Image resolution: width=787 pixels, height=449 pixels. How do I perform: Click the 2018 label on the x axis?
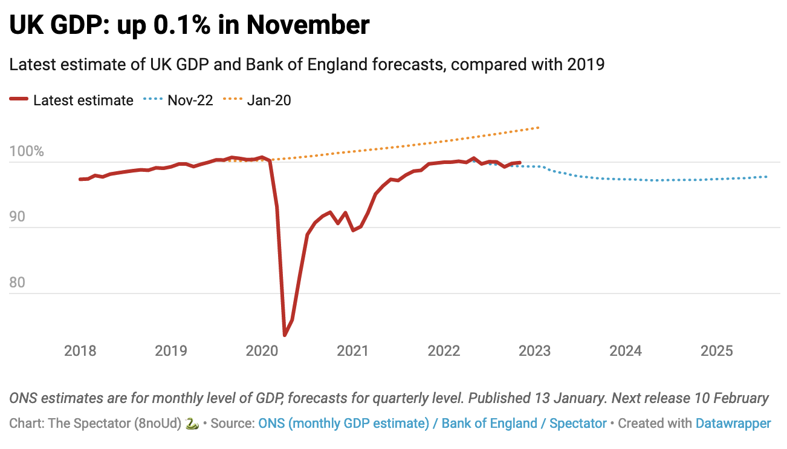click(80, 351)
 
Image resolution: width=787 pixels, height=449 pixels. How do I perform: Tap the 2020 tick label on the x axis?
click(262, 351)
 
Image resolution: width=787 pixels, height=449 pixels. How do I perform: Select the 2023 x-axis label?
click(534, 351)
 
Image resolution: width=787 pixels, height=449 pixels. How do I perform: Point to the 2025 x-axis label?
click(716, 351)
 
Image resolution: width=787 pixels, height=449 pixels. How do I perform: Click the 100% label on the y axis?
click(27, 151)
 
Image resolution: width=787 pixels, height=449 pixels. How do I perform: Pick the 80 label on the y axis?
click(18, 283)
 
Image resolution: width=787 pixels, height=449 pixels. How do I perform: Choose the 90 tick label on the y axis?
click(18, 217)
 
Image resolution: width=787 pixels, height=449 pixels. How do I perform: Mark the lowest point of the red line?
click(285, 335)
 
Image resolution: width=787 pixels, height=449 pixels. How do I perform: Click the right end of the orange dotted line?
click(538, 128)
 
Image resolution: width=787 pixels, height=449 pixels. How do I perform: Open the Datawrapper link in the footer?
click(733, 424)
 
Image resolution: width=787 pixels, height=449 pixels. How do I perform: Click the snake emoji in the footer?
click(192, 424)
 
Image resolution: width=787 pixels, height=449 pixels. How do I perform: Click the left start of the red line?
click(80, 179)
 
